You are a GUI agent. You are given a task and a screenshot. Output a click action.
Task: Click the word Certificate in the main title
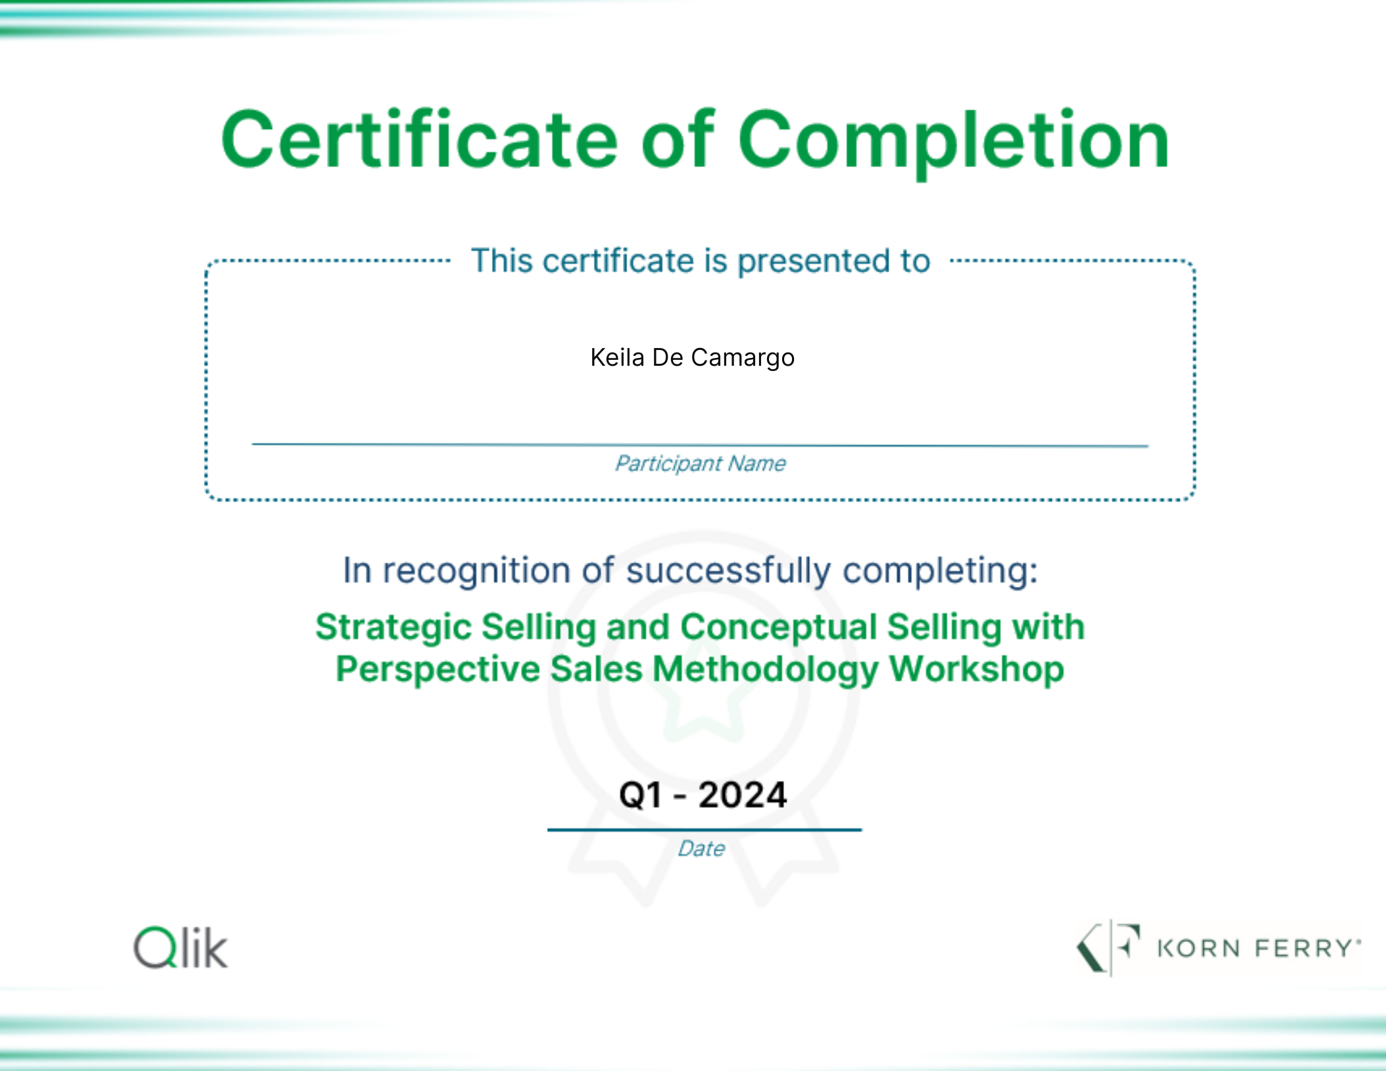pyautogui.click(x=419, y=139)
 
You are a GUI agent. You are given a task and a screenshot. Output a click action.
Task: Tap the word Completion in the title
pyautogui.click(x=953, y=142)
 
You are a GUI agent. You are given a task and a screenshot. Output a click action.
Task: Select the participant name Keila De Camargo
pyautogui.click(x=692, y=358)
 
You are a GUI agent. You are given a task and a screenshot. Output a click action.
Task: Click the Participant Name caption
pyautogui.click(x=700, y=463)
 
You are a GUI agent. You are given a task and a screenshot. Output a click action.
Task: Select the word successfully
pyautogui.click(x=728, y=570)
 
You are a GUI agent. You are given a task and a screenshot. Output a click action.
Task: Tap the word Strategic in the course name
pyautogui.click(x=393, y=627)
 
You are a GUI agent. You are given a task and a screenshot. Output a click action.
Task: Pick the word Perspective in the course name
pyautogui.click(x=438, y=670)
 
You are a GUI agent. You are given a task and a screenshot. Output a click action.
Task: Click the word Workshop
pyautogui.click(x=977, y=669)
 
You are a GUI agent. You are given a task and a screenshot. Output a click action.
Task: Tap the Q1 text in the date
pyautogui.click(x=641, y=795)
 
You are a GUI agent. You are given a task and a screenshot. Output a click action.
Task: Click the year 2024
pyautogui.click(x=743, y=795)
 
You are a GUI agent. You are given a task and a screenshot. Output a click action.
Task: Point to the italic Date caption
pyautogui.click(x=701, y=849)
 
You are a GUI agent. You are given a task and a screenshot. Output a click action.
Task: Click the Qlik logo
pyautogui.click(x=180, y=947)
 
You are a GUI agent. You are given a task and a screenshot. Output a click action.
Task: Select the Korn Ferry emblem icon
pyautogui.click(x=1108, y=948)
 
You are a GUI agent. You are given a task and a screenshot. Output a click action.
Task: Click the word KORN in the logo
pyautogui.click(x=1199, y=949)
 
